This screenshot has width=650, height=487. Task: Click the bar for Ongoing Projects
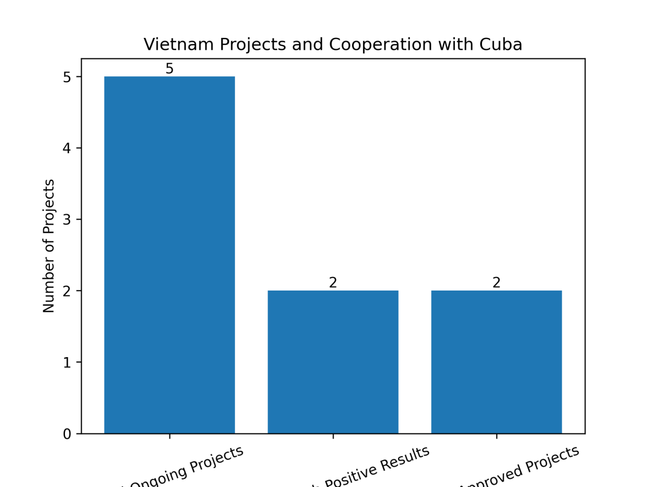170,255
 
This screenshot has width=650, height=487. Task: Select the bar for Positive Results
333,362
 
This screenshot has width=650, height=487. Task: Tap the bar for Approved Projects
497,362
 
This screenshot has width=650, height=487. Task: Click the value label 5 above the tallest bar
170,69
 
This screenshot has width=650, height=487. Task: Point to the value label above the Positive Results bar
333,283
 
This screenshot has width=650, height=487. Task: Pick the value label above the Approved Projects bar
497,283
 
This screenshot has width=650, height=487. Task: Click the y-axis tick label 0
67,434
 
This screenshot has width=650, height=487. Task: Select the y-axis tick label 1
67,363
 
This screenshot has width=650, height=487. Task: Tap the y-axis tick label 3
67,220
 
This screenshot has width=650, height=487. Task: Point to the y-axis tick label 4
67,148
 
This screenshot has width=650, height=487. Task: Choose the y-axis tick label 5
67,77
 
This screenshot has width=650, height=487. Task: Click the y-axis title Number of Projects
49,246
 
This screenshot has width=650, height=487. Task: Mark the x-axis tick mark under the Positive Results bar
333,436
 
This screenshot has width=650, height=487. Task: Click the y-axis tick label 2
67,291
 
